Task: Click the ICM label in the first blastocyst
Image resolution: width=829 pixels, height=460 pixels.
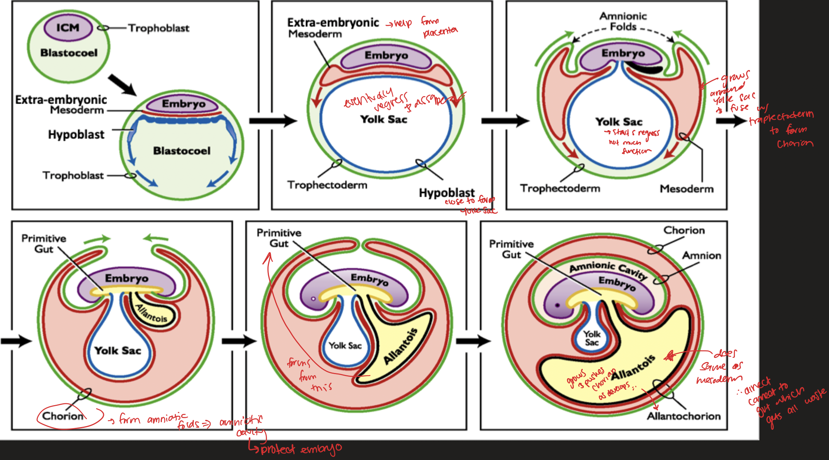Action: pos(68,28)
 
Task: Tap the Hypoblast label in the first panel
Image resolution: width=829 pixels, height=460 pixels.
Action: pos(76,135)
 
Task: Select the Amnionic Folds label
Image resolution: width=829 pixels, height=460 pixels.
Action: pos(623,21)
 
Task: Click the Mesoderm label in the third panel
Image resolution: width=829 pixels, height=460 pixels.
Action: pos(686,189)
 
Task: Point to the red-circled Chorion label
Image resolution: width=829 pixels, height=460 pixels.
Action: pos(63,416)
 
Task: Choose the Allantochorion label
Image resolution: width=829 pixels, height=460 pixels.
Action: pos(683,416)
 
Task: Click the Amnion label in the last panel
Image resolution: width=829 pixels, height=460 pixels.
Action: pos(702,256)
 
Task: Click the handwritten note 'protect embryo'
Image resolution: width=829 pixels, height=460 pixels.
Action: pos(301,449)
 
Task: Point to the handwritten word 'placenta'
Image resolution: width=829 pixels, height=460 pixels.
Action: pos(440,33)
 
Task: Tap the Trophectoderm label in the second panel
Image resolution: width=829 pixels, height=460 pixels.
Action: pos(327,185)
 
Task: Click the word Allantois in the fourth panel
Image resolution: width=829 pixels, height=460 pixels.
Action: pos(151,313)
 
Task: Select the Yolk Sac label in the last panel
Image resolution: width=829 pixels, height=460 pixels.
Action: pos(592,338)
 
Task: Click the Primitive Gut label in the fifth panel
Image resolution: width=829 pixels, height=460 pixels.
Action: pos(279,238)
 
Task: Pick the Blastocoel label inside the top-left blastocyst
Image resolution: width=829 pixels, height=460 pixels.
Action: pos(69,53)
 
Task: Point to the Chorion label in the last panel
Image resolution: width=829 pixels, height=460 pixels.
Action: pos(684,230)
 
